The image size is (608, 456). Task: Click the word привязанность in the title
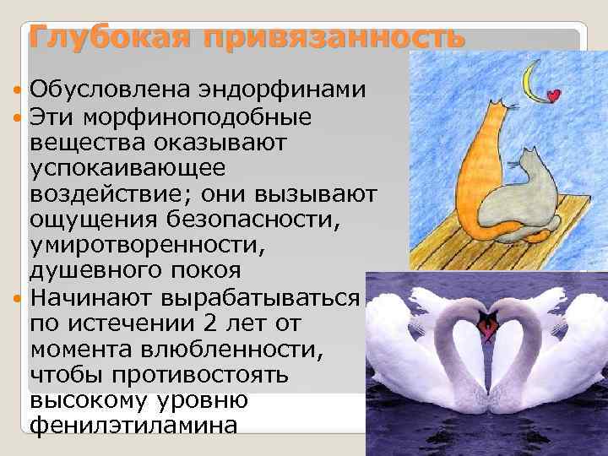(x=320, y=38)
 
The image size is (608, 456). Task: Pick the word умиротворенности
(x=147, y=251)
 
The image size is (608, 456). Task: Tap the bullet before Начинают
(x=19, y=299)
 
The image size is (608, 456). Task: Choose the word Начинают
(x=94, y=299)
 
